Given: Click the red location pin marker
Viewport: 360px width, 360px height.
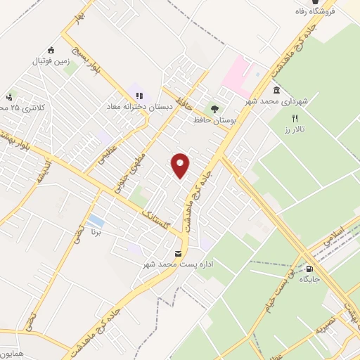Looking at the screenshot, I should [x=181, y=166].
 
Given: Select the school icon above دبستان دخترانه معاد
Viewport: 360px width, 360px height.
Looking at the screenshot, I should [x=139, y=95].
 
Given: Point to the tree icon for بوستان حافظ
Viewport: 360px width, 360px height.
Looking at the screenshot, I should [x=214, y=109].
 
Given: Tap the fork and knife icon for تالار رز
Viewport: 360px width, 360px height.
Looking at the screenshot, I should [x=295, y=119].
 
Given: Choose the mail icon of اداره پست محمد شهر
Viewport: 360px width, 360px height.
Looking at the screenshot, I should [x=178, y=253].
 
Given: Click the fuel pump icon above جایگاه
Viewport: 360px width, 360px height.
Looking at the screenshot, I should [x=310, y=268].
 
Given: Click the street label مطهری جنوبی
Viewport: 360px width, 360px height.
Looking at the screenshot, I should [x=136, y=165].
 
